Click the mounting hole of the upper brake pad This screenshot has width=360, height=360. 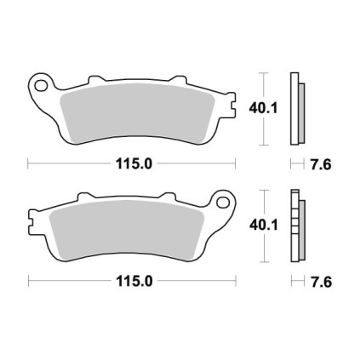pyautogui.click(x=41, y=85)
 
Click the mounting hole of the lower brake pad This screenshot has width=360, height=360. pyautogui.click(x=222, y=202)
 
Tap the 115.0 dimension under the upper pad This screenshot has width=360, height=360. pyautogui.click(x=134, y=164)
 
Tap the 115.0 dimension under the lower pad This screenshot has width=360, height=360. pyautogui.click(x=134, y=281)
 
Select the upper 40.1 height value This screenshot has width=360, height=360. pyautogui.click(x=263, y=108)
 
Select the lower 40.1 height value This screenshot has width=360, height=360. pyautogui.click(x=264, y=226)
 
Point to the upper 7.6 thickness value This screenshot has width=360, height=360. pyautogui.click(x=321, y=164)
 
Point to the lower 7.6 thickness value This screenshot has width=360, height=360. pyautogui.click(x=322, y=282)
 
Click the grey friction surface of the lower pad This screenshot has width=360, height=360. pyautogui.click(x=127, y=229)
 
